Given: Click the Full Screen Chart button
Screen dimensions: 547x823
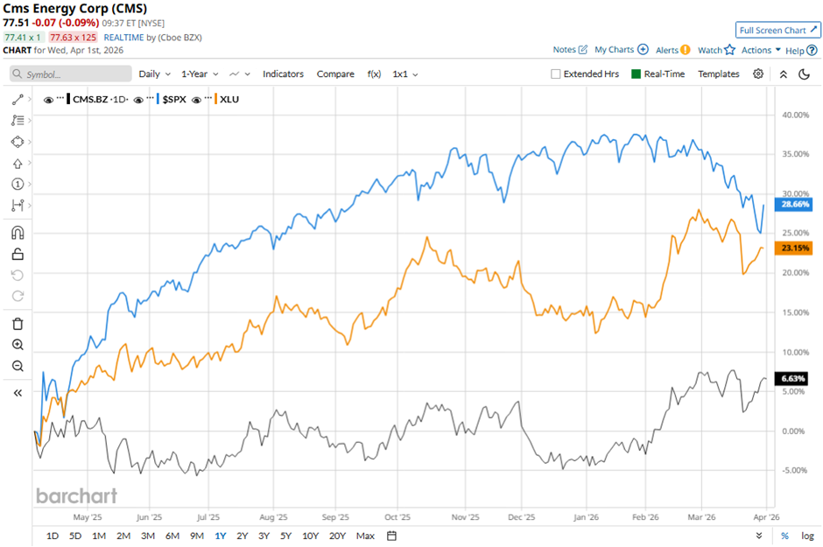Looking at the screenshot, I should pos(777,30).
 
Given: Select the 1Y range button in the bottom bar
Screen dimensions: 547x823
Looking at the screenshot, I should pos(221,536).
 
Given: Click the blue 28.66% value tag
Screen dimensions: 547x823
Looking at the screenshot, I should pos(795,204).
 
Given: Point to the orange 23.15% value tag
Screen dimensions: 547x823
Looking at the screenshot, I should pos(795,249).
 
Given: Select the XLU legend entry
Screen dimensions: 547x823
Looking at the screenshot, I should pos(229,99).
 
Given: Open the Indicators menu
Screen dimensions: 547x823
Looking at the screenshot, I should pos(283,74).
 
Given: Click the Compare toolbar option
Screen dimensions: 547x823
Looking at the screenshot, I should pos(335,74).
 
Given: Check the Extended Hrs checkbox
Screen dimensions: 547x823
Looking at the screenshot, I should pos(556,74).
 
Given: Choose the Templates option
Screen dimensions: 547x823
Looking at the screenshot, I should pos(719,74).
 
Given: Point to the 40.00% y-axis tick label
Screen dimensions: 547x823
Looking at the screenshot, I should pos(795,114).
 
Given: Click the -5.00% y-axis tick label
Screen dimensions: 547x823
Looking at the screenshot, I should pos(795,471).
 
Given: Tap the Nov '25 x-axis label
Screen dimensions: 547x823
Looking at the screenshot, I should pos(466,517).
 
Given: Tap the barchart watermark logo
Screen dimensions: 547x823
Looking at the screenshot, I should pos(76,496).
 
